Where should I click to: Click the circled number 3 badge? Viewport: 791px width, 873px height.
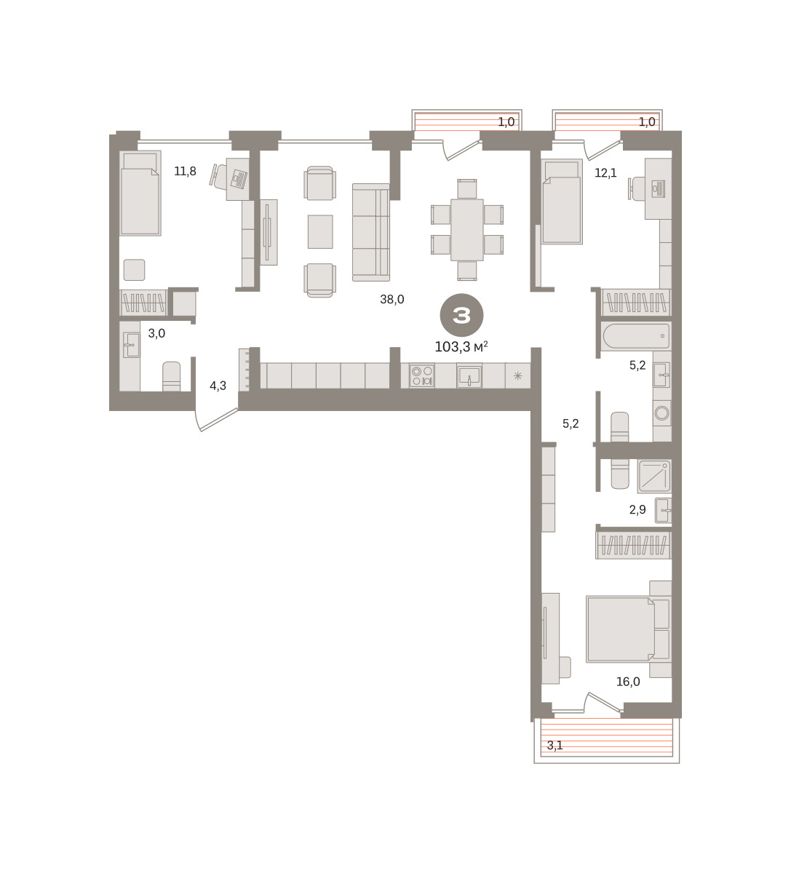[x=461, y=315]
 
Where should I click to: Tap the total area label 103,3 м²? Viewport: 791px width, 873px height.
[x=461, y=347]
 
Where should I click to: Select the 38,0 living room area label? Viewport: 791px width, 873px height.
[x=391, y=300]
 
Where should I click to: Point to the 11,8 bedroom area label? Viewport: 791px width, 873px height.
[x=185, y=172]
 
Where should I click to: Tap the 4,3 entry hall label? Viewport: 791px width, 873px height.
[x=218, y=386]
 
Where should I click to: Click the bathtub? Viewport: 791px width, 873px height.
[x=636, y=335]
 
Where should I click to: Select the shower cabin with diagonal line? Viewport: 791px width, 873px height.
[x=654, y=477]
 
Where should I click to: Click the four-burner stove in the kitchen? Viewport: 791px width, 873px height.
[x=422, y=376]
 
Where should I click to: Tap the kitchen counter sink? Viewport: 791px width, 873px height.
[x=469, y=376]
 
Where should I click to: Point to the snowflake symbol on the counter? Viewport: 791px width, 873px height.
[x=517, y=376]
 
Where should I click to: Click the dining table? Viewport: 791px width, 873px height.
[x=466, y=230]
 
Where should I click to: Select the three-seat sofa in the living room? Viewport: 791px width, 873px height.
[x=371, y=232]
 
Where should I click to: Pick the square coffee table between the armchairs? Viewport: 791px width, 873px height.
[x=320, y=231]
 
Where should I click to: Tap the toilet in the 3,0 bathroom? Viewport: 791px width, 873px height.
[x=171, y=376]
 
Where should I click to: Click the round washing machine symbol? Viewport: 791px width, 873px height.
[x=661, y=412]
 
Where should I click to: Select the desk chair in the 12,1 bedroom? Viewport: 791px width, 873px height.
[x=635, y=188]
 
